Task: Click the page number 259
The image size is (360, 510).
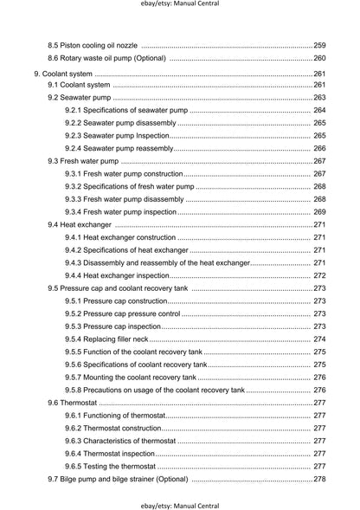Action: pyautogui.click(x=319, y=45)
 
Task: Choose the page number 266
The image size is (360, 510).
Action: pyautogui.click(x=319, y=148)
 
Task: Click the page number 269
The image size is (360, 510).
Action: pyautogui.click(x=319, y=211)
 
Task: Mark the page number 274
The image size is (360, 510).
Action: pyautogui.click(x=319, y=339)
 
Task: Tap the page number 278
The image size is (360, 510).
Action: pyautogui.click(x=319, y=479)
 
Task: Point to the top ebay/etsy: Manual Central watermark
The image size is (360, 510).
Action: pyautogui.click(x=180, y=4)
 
